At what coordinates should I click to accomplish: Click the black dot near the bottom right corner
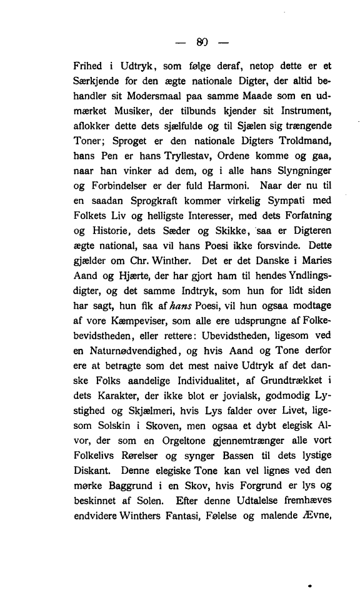[x=310, y=586]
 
